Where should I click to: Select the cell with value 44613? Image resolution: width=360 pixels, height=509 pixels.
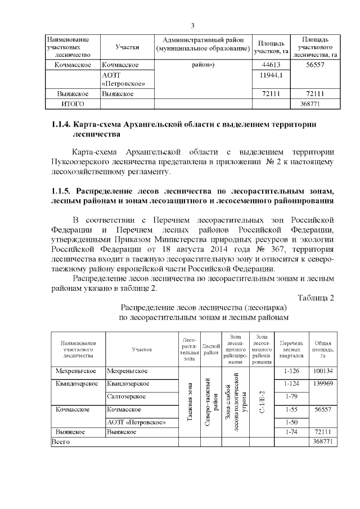pyautogui.click(x=272, y=65)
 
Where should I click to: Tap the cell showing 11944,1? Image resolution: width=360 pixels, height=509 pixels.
pyautogui.click(x=272, y=75)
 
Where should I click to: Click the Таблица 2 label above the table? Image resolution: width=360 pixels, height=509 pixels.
pyautogui.click(x=316, y=298)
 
